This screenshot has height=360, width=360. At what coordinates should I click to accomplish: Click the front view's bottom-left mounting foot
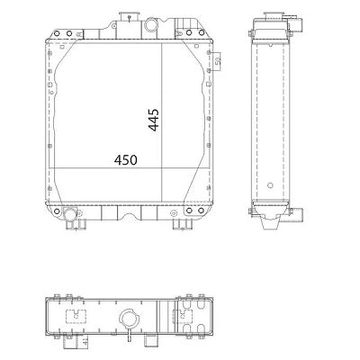[x=69, y=225]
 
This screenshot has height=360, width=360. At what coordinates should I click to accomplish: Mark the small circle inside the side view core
[x=256, y=212]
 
